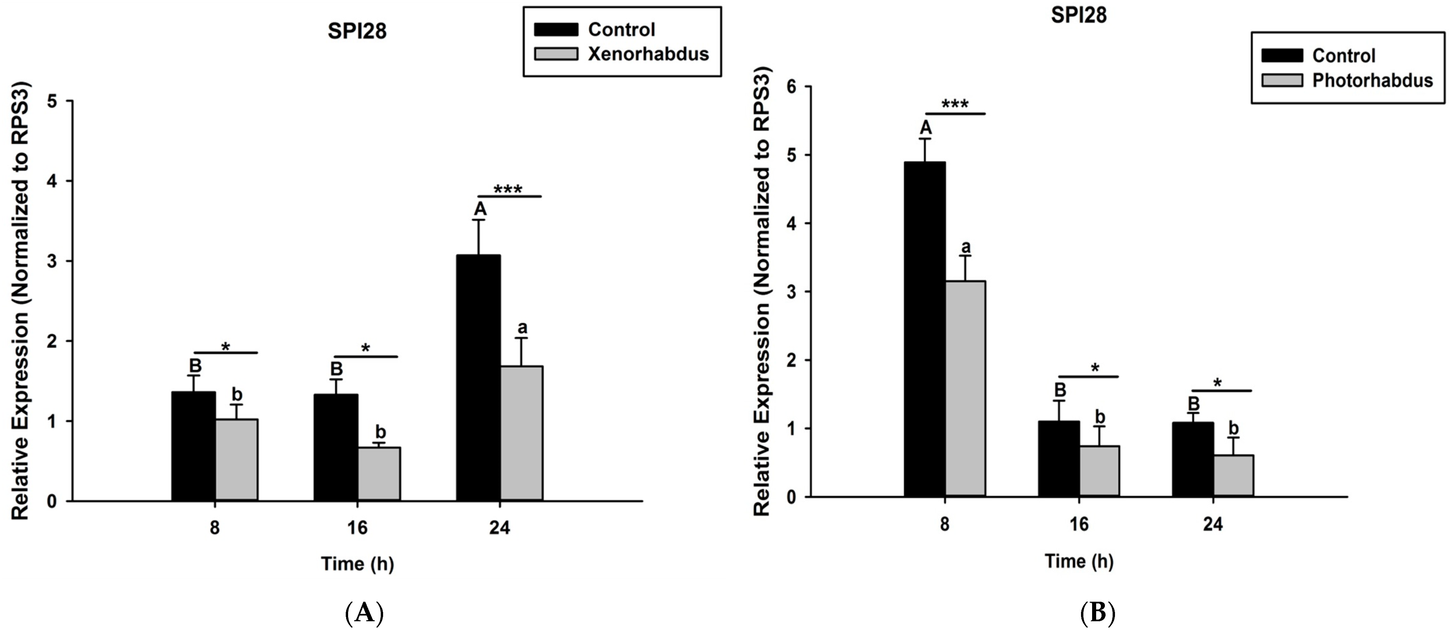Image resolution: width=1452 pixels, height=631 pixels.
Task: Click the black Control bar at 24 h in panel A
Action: pos(478,378)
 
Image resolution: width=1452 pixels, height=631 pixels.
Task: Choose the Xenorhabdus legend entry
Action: pos(648,54)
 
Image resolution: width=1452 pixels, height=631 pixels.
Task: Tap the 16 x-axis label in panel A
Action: pos(357,528)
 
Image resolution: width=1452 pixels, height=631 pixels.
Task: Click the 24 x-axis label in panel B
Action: pos(1213,524)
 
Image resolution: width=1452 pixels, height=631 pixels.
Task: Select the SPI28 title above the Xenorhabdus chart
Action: pos(357,31)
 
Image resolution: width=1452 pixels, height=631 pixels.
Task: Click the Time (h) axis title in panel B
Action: pos(1079,561)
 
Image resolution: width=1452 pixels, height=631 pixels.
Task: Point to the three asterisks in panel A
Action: pos(508,189)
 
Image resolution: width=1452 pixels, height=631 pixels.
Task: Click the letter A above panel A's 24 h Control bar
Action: pos(480,209)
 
